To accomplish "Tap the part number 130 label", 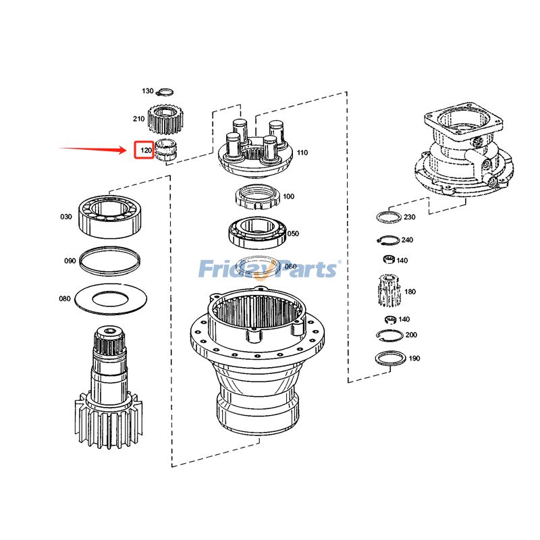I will [148, 91].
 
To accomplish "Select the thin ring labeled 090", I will [109, 261].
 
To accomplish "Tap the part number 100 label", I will [288, 196].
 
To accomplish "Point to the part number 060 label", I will [290, 267].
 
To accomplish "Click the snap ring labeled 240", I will [387, 239].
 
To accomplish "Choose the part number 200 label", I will [411, 335].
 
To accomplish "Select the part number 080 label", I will [64, 298].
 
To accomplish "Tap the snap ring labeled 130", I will [166, 92].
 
